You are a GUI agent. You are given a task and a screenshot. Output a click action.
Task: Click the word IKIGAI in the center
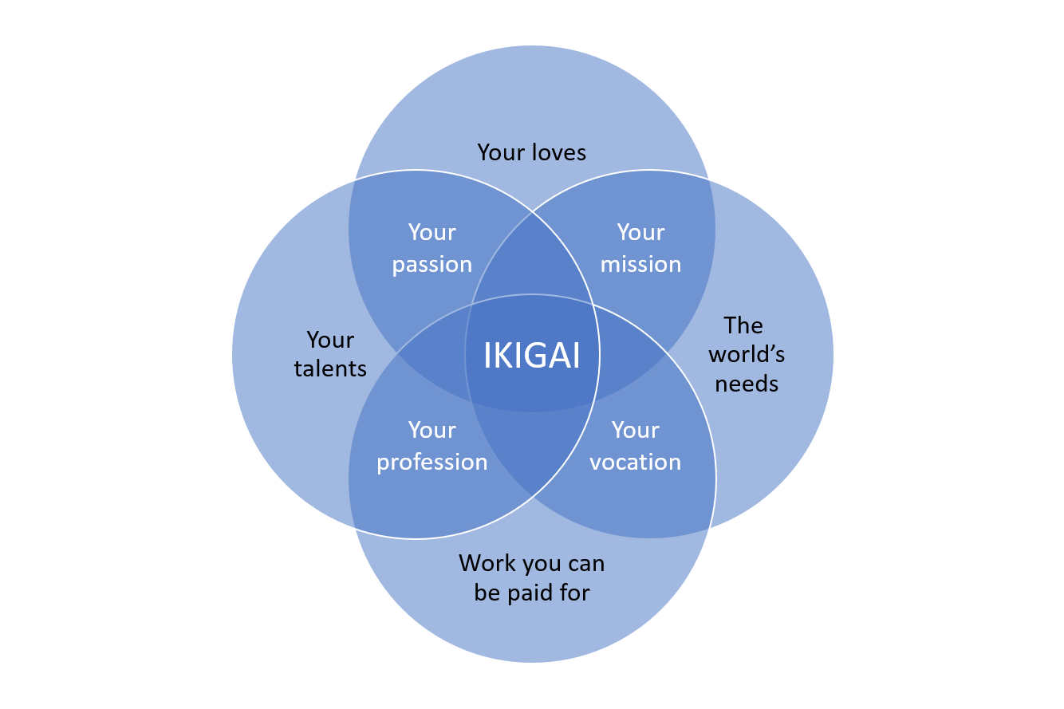point(531,356)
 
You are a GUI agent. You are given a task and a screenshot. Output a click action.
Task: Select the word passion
point(432,265)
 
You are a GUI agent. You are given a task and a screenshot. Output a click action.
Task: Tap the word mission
point(640,265)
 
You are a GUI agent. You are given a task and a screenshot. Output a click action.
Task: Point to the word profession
point(432,463)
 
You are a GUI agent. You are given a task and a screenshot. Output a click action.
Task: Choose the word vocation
point(635,463)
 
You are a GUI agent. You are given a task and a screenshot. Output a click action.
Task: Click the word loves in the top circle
point(559,152)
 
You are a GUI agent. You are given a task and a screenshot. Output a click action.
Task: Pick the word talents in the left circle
point(330,368)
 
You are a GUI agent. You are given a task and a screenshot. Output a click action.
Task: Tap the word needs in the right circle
point(747,384)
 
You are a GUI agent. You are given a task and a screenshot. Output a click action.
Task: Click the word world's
point(747,354)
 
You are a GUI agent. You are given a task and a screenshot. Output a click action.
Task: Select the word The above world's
point(743,325)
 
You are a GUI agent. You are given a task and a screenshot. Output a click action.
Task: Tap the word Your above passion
point(432,233)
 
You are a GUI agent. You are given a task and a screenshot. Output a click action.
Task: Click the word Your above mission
point(640,233)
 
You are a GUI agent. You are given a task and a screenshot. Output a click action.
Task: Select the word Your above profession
point(432,431)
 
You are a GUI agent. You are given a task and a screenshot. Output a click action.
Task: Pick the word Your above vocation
point(635,431)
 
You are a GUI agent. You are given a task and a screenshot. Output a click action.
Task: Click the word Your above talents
point(330,341)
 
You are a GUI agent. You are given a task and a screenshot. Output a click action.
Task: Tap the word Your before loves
point(501,152)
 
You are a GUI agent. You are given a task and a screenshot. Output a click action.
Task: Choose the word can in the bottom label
point(585,564)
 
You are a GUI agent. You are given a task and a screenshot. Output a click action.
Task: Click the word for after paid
point(574,593)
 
